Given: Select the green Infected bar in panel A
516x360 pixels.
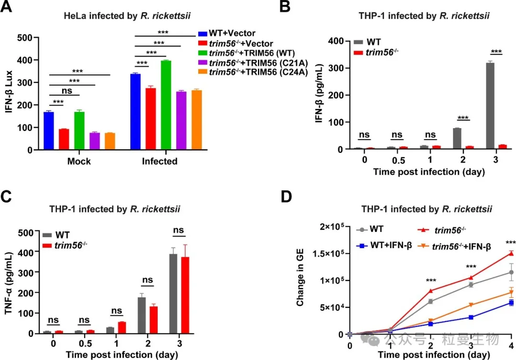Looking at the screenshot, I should [x=166, y=105].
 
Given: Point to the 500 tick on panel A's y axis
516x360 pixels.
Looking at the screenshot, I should [x=26, y=38].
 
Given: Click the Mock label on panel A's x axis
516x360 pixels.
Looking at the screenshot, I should [x=79, y=161].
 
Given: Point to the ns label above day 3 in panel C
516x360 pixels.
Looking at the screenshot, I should [x=179, y=230].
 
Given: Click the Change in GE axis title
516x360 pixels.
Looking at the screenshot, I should [x=301, y=280].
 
